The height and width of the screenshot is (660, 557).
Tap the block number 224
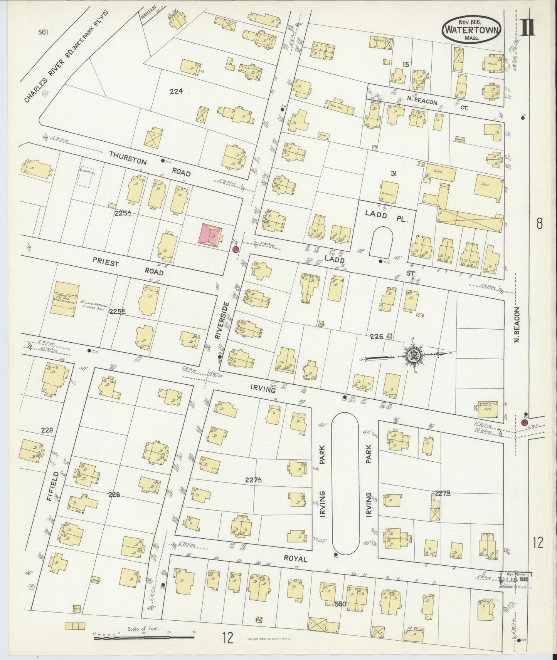(x=176, y=92)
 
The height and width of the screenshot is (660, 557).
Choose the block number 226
(x=376, y=337)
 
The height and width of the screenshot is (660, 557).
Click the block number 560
(x=341, y=604)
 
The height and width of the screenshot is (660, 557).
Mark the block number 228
(x=114, y=495)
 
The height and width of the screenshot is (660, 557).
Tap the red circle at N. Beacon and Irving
(x=524, y=422)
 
